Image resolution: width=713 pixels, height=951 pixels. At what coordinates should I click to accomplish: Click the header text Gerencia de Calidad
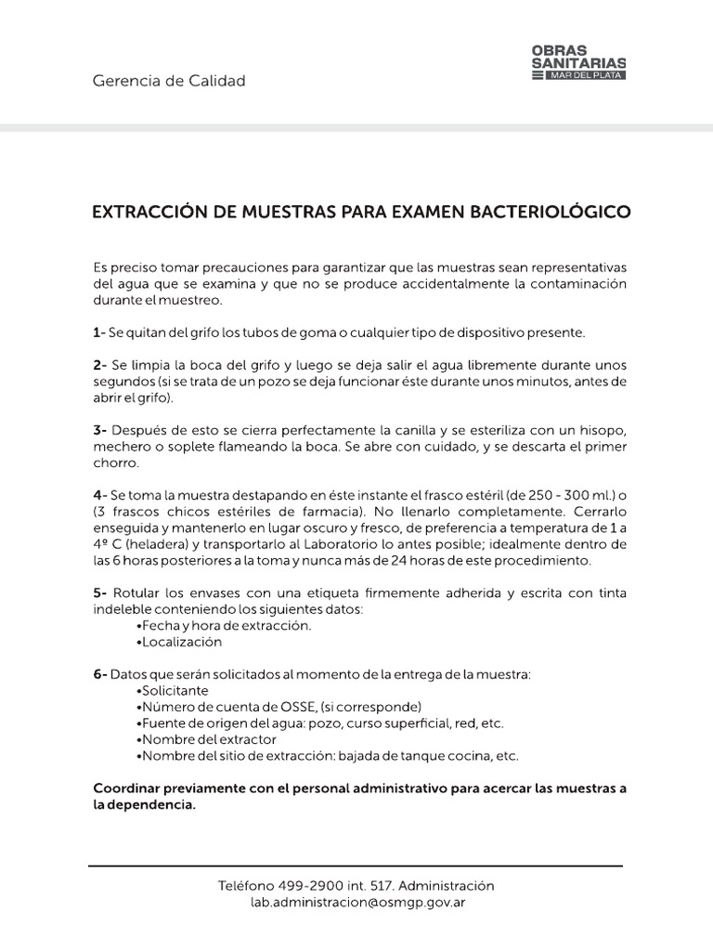tap(169, 81)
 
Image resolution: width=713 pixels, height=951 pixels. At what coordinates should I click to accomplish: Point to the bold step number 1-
tap(99, 332)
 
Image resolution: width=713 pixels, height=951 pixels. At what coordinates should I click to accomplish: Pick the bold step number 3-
tap(100, 431)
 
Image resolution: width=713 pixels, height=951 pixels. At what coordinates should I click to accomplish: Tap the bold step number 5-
tap(100, 593)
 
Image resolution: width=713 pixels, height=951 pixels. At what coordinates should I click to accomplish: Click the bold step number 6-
tap(100, 674)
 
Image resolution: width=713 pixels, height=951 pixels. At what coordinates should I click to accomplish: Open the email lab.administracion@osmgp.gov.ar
tap(356, 901)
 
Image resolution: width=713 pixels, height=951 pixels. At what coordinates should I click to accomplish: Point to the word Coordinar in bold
tap(127, 788)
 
